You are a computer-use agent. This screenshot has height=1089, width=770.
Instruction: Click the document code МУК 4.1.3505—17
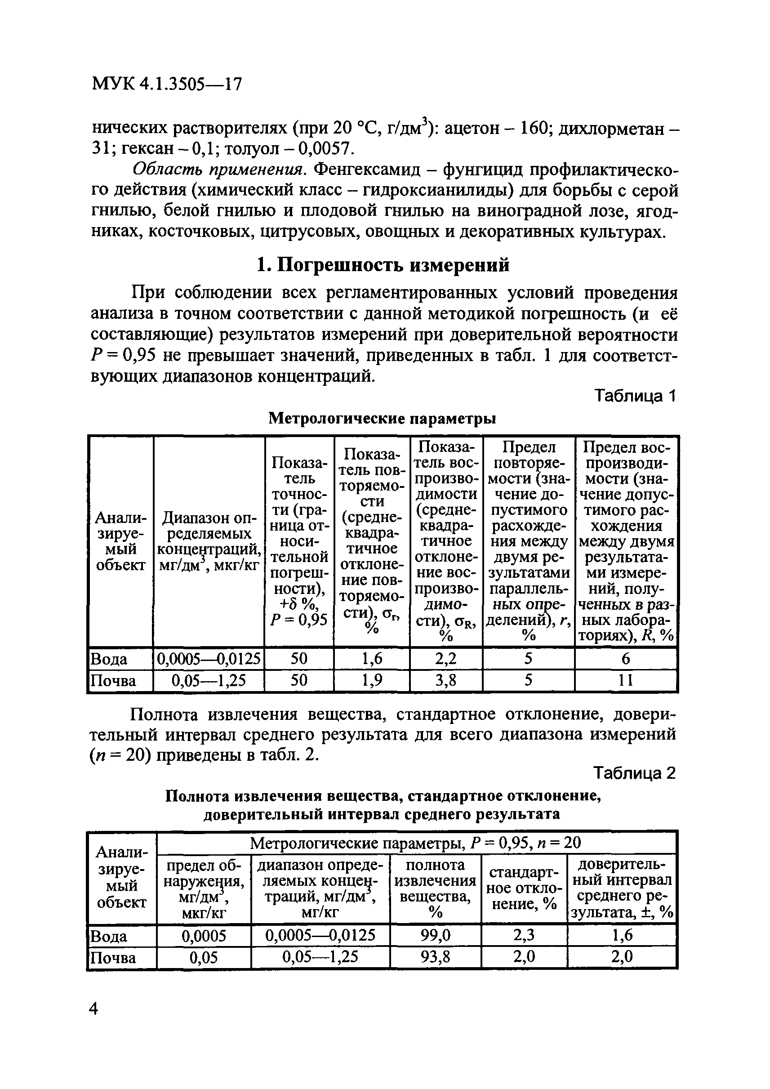pos(166,85)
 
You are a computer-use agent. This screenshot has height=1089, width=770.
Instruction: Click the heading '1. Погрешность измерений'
pos(383,265)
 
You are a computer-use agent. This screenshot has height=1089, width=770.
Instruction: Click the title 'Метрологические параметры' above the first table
pos(382,418)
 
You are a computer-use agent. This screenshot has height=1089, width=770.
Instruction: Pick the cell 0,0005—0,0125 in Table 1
pos(209,658)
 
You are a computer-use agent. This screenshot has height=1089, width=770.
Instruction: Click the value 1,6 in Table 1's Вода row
pos(372,658)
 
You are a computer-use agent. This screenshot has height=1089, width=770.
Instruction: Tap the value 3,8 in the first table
pos(446,681)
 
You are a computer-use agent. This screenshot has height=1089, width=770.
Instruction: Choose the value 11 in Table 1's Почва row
pos(626,681)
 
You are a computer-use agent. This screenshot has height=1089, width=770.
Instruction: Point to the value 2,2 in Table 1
pos(446,658)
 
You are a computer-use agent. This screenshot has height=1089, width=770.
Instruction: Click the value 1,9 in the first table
pos(372,681)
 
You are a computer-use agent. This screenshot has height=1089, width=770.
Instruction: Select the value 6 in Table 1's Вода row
pos(626,658)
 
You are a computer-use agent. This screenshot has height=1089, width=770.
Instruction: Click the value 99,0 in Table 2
pos(435,935)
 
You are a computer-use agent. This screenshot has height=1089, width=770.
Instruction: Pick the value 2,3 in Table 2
pos(524,935)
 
